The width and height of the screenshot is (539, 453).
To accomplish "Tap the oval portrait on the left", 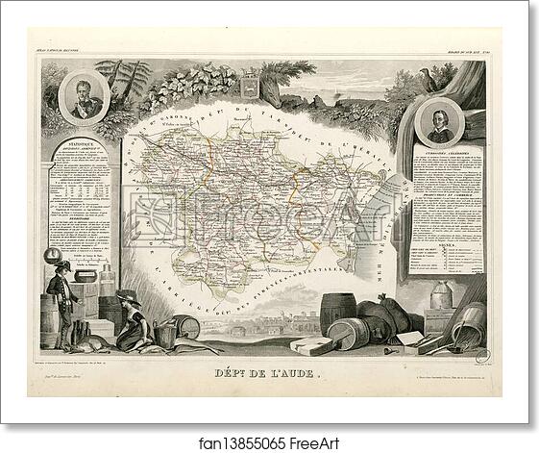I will [85, 97].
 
